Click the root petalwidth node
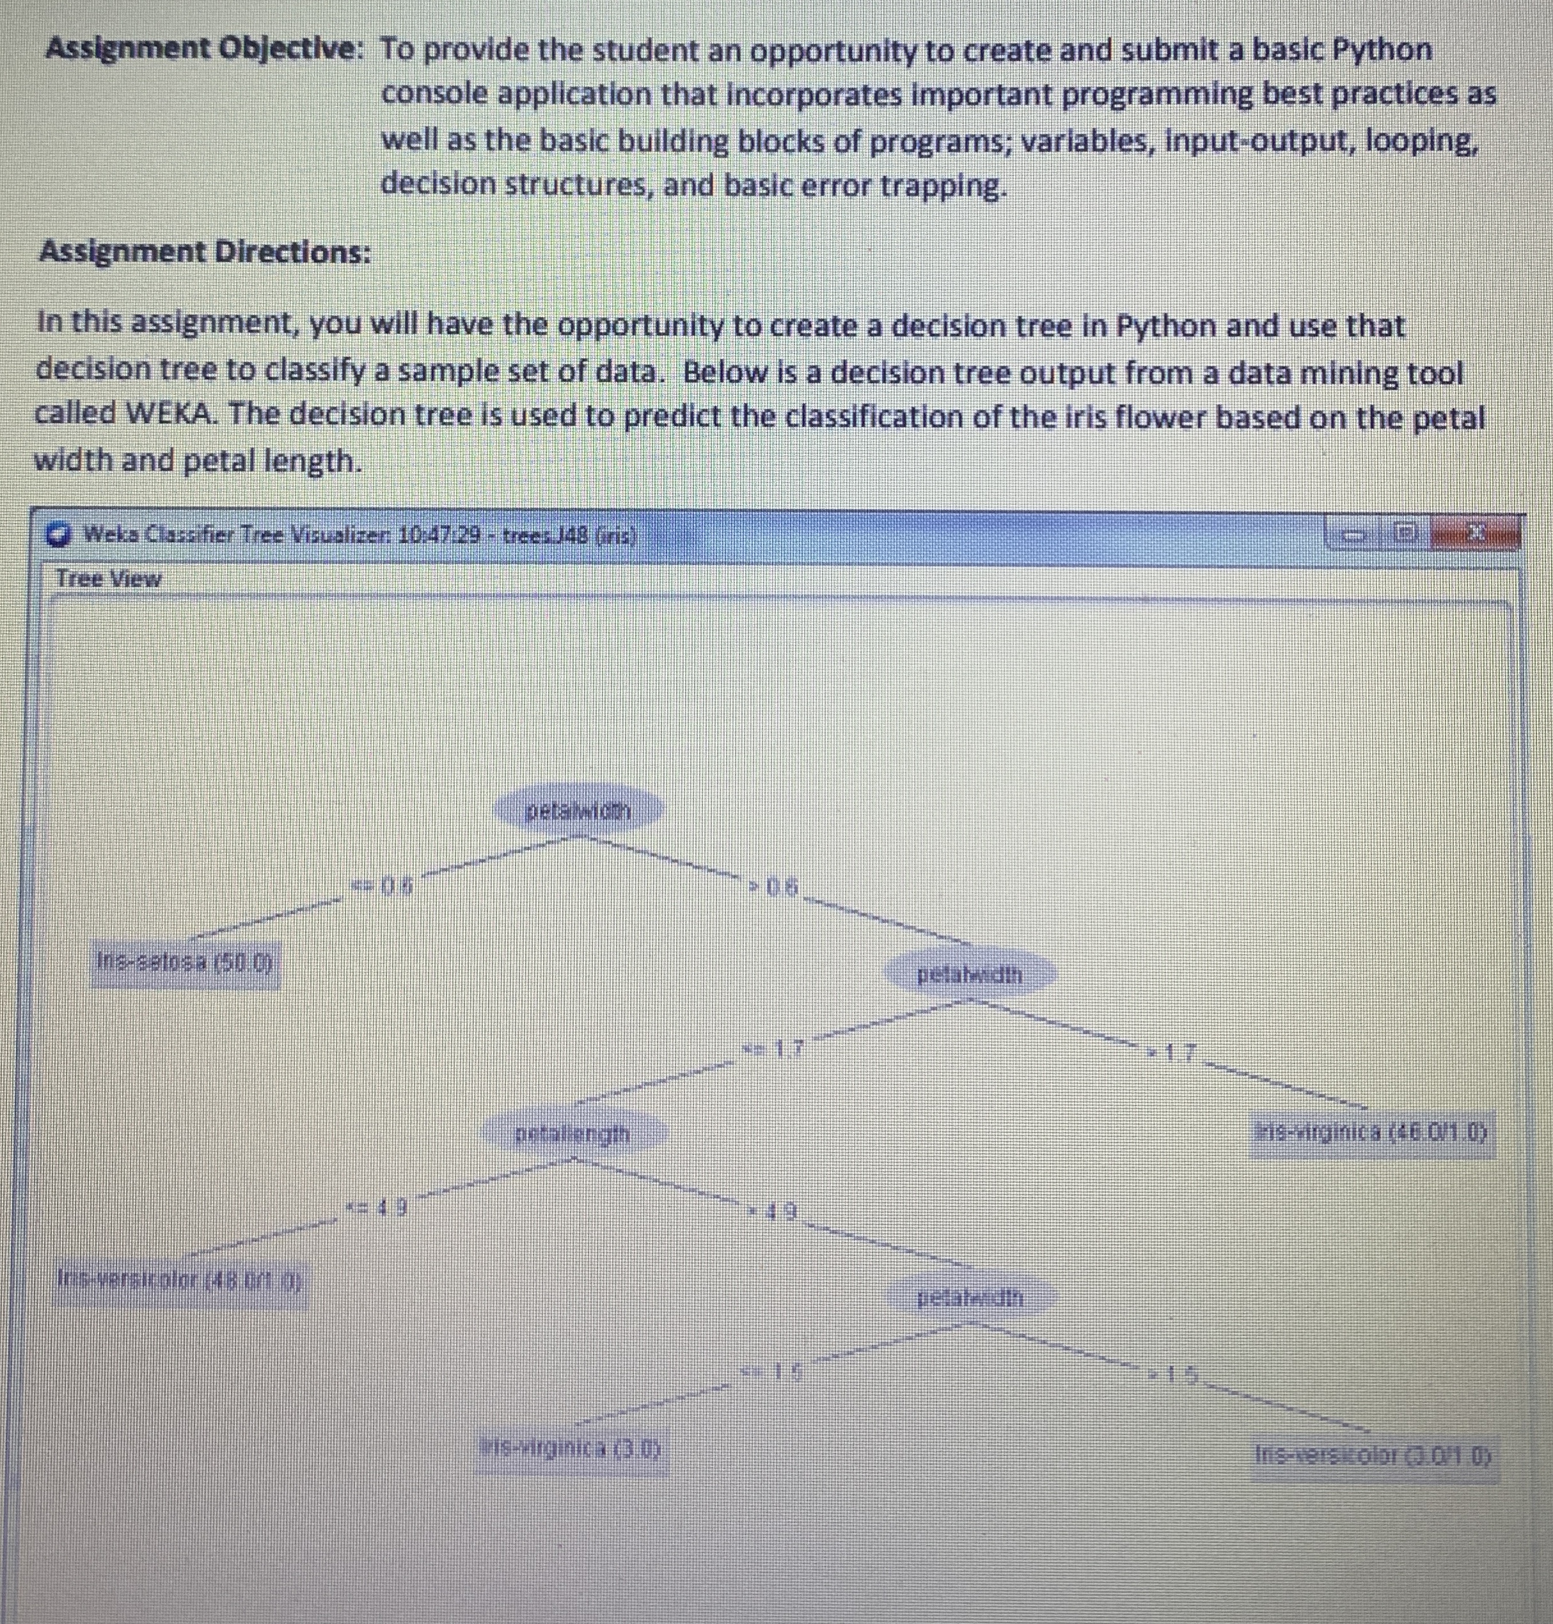(x=579, y=810)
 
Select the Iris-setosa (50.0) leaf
(x=186, y=963)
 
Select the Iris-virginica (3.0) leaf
(x=574, y=1449)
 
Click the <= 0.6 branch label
(x=382, y=887)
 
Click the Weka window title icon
(x=58, y=535)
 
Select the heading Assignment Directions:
(x=205, y=251)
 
